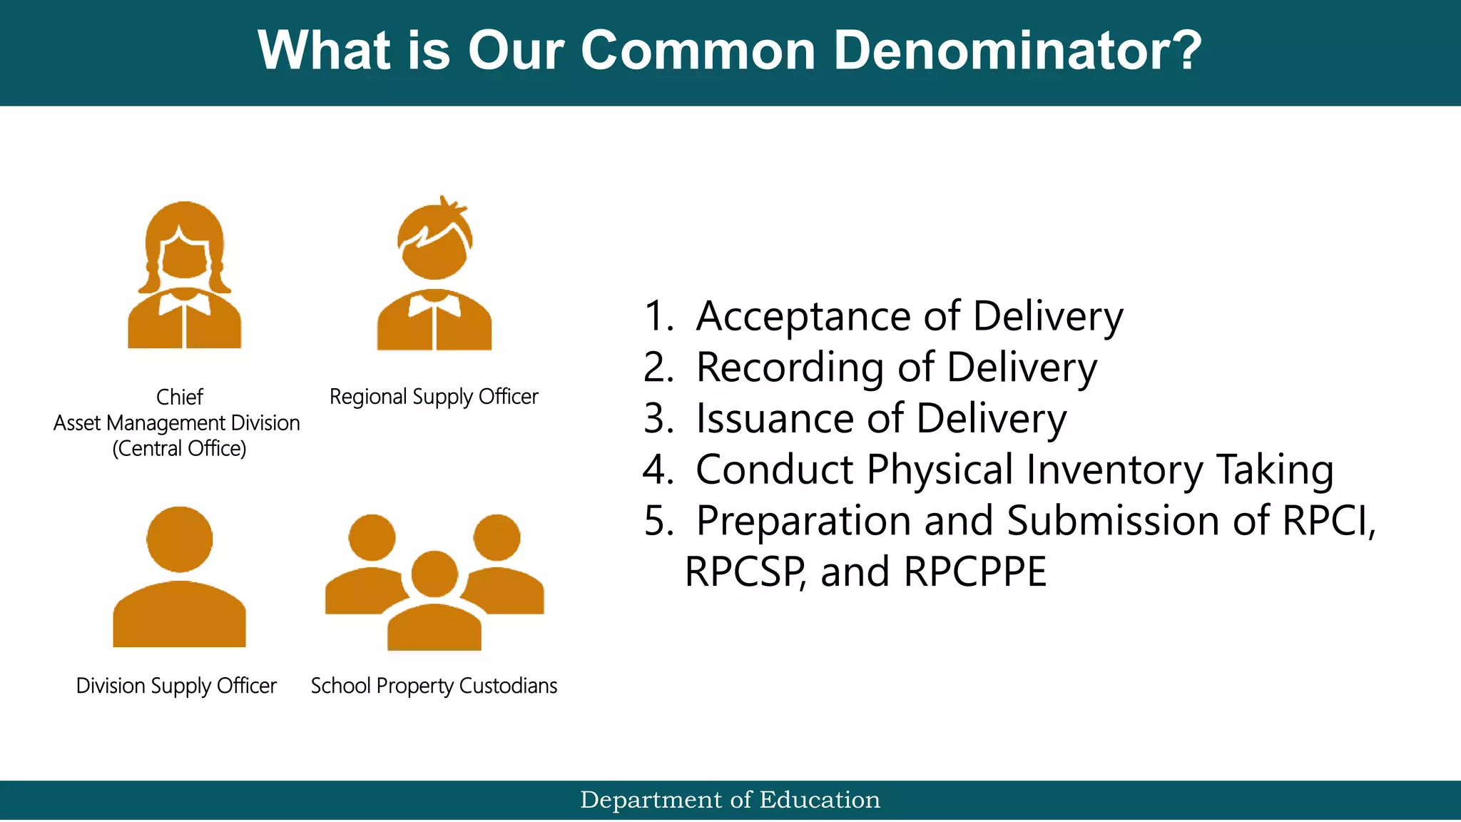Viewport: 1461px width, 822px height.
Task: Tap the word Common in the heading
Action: [698, 51]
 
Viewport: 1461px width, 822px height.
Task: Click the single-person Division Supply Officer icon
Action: [180, 578]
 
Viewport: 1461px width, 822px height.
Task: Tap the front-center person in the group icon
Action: [434, 607]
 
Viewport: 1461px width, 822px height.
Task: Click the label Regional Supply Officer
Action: [434, 397]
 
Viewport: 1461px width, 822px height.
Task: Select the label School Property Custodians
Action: [434, 686]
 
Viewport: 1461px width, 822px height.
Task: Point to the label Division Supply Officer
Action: [176, 686]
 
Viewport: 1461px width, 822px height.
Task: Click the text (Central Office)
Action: [179, 449]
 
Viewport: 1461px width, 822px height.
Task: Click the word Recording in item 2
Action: [790, 367]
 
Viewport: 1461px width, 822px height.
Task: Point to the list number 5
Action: [657, 521]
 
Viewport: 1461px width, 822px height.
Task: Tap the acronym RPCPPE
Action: [974, 572]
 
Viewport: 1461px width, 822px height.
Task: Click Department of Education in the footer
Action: [730, 800]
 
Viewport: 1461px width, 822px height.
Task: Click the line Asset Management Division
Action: [177, 423]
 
